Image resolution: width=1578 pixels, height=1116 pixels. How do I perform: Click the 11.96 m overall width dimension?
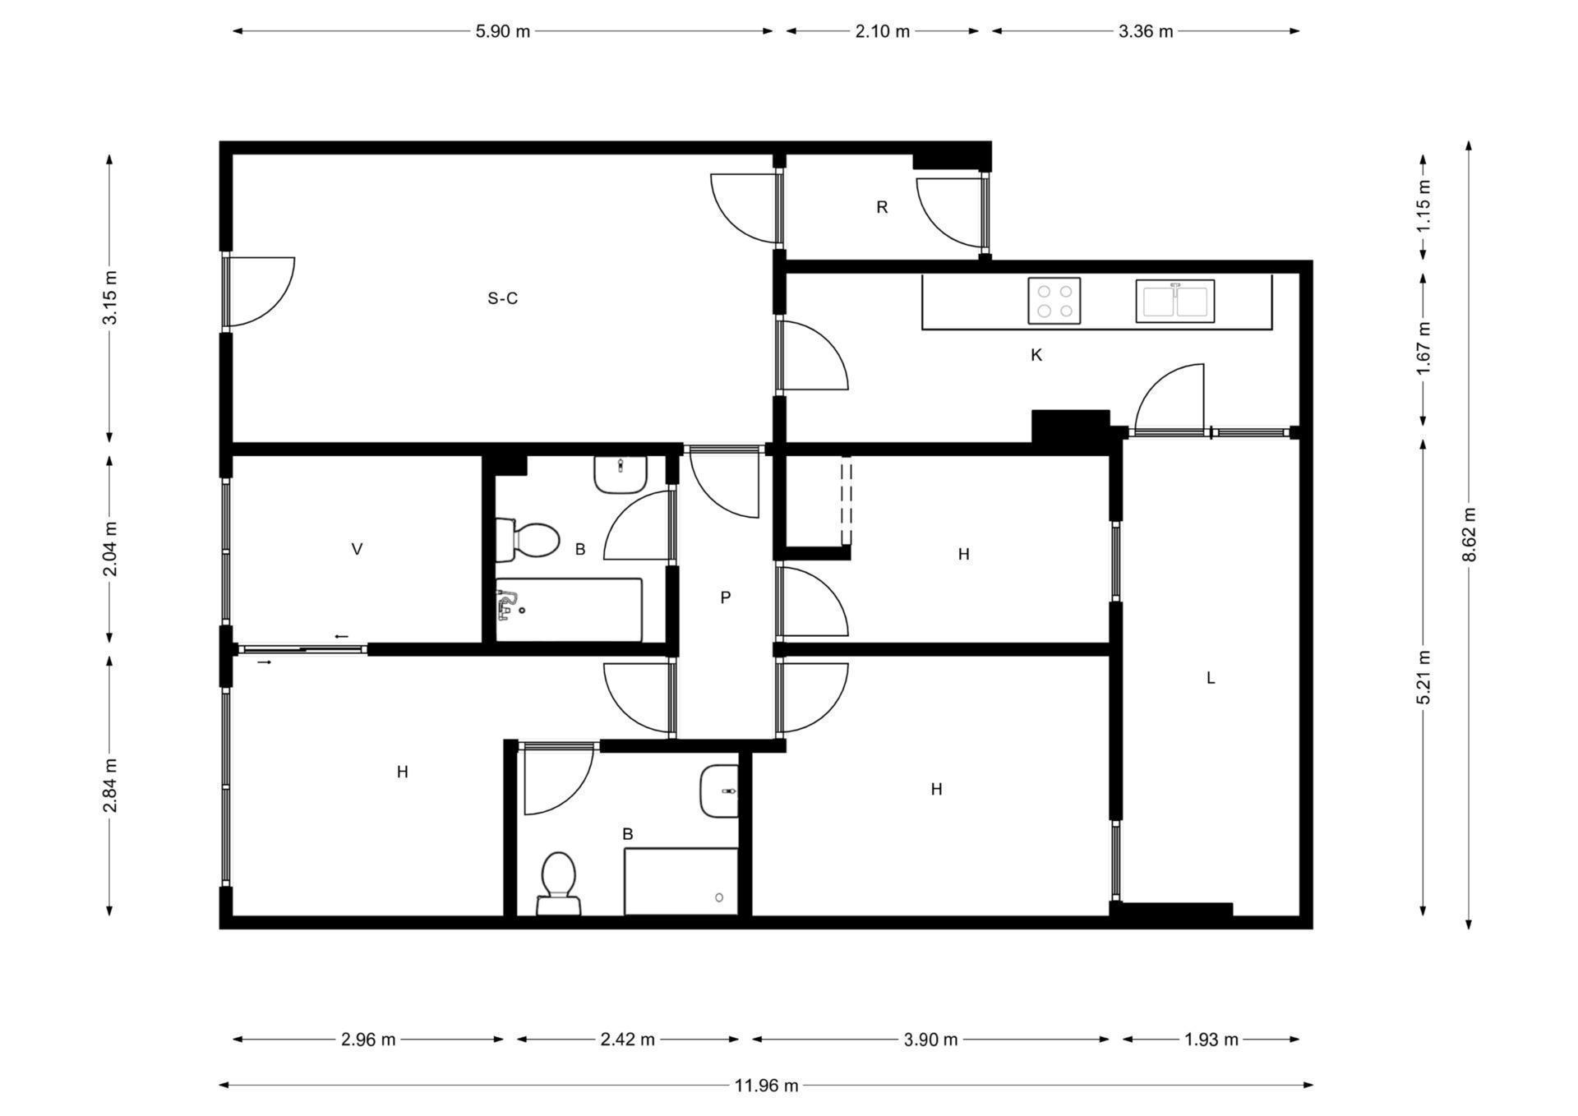point(766,1086)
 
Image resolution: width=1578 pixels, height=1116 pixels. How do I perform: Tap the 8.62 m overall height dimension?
point(1470,535)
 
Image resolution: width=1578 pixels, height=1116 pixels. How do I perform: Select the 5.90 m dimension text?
point(503,31)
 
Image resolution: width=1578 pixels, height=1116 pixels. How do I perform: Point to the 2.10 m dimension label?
point(883,31)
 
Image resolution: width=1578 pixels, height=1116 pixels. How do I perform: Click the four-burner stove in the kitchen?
point(1054,301)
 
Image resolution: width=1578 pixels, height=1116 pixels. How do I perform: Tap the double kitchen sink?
point(1175,301)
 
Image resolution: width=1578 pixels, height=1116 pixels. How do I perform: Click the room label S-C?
point(503,298)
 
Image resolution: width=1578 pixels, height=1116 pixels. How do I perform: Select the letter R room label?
point(882,207)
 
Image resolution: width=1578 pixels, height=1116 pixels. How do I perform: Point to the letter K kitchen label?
point(1036,355)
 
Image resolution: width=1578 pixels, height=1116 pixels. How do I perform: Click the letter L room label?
point(1211,678)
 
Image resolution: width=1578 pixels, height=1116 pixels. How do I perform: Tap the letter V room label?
point(357,549)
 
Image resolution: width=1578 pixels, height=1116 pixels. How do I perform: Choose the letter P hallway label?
point(725,597)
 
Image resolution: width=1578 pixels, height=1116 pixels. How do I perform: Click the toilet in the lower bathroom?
point(559,884)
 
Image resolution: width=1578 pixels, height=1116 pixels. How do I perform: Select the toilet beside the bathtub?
point(528,540)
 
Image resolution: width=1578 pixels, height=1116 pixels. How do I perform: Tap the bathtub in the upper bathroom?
point(569,610)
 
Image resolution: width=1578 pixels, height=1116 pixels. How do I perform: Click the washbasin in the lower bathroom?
point(719,791)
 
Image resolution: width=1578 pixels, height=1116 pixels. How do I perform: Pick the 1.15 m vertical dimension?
point(1424,205)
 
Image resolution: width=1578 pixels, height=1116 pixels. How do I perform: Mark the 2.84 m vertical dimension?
point(109,786)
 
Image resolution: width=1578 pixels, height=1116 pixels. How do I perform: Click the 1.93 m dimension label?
point(1211,1040)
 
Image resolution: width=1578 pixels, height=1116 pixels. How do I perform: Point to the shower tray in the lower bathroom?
point(681,882)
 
